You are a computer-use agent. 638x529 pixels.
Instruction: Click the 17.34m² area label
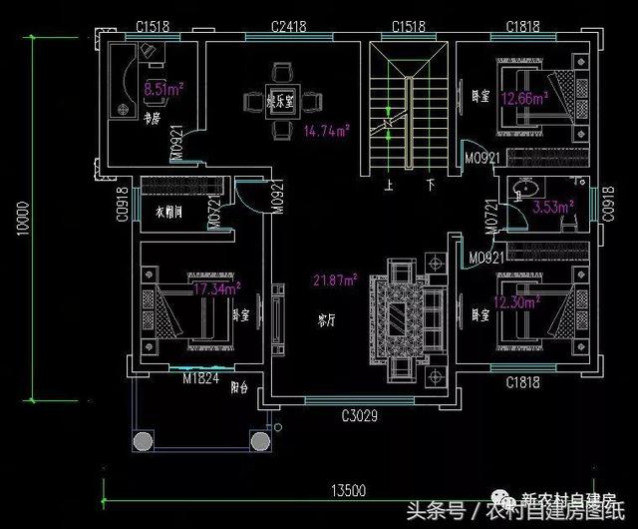click(217, 289)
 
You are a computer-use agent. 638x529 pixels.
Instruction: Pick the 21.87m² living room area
click(335, 280)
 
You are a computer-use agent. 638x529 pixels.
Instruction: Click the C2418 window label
click(288, 26)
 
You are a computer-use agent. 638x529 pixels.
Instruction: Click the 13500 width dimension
click(349, 489)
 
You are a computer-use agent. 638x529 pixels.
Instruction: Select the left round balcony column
click(142, 440)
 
